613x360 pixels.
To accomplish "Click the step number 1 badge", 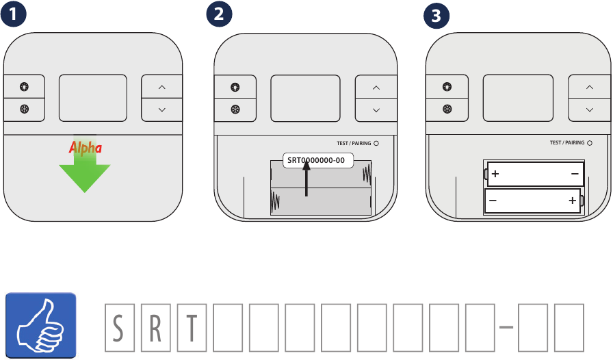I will [x=14, y=15].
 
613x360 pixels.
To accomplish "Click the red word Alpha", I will [x=86, y=147].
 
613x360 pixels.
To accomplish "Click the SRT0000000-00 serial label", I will [x=316, y=161].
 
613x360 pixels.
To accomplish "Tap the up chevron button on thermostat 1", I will [x=162, y=88].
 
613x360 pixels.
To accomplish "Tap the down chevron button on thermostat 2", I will [x=376, y=110].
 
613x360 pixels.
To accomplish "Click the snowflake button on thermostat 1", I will [x=25, y=110].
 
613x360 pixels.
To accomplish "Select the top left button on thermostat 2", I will [x=235, y=87].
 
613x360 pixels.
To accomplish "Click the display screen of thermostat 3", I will [x=518, y=98].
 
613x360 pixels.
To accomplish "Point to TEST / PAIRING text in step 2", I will [x=354, y=144].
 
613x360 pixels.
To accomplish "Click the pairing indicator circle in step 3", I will [x=590, y=143].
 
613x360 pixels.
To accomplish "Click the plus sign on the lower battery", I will [x=571, y=201].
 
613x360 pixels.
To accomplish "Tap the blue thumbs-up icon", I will [x=41, y=325].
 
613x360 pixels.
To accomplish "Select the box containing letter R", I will [x=155, y=328].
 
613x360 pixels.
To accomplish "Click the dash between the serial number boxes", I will [x=506, y=328].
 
